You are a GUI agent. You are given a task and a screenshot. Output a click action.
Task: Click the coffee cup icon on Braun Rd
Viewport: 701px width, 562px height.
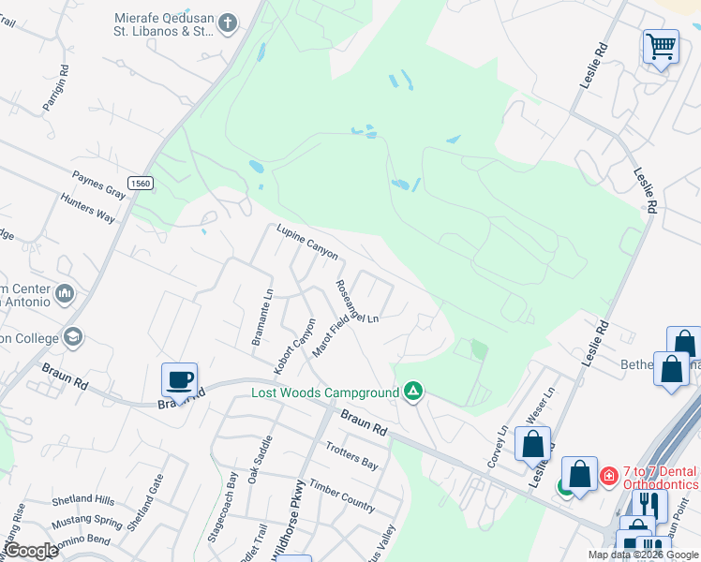(x=179, y=380)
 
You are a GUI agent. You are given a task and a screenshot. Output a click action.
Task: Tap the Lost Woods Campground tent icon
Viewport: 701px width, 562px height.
(x=412, y=392)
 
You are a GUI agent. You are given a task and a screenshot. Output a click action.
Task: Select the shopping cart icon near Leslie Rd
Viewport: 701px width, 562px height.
(x=661, y=46)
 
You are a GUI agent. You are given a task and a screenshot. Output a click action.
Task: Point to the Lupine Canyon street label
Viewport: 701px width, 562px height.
(x=306, y=242)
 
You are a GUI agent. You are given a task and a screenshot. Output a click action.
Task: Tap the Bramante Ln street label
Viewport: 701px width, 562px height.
(x=261, y=318)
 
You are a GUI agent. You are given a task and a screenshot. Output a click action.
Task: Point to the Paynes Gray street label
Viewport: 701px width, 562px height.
(x=99, y=185)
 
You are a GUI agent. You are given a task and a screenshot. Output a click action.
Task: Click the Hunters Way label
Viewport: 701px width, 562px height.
(x=87, y=208)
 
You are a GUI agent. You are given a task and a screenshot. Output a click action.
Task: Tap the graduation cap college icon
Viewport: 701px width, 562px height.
(x=72, y=336)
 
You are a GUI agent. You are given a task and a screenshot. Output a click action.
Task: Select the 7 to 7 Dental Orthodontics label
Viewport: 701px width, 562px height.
(x=649, y=478)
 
